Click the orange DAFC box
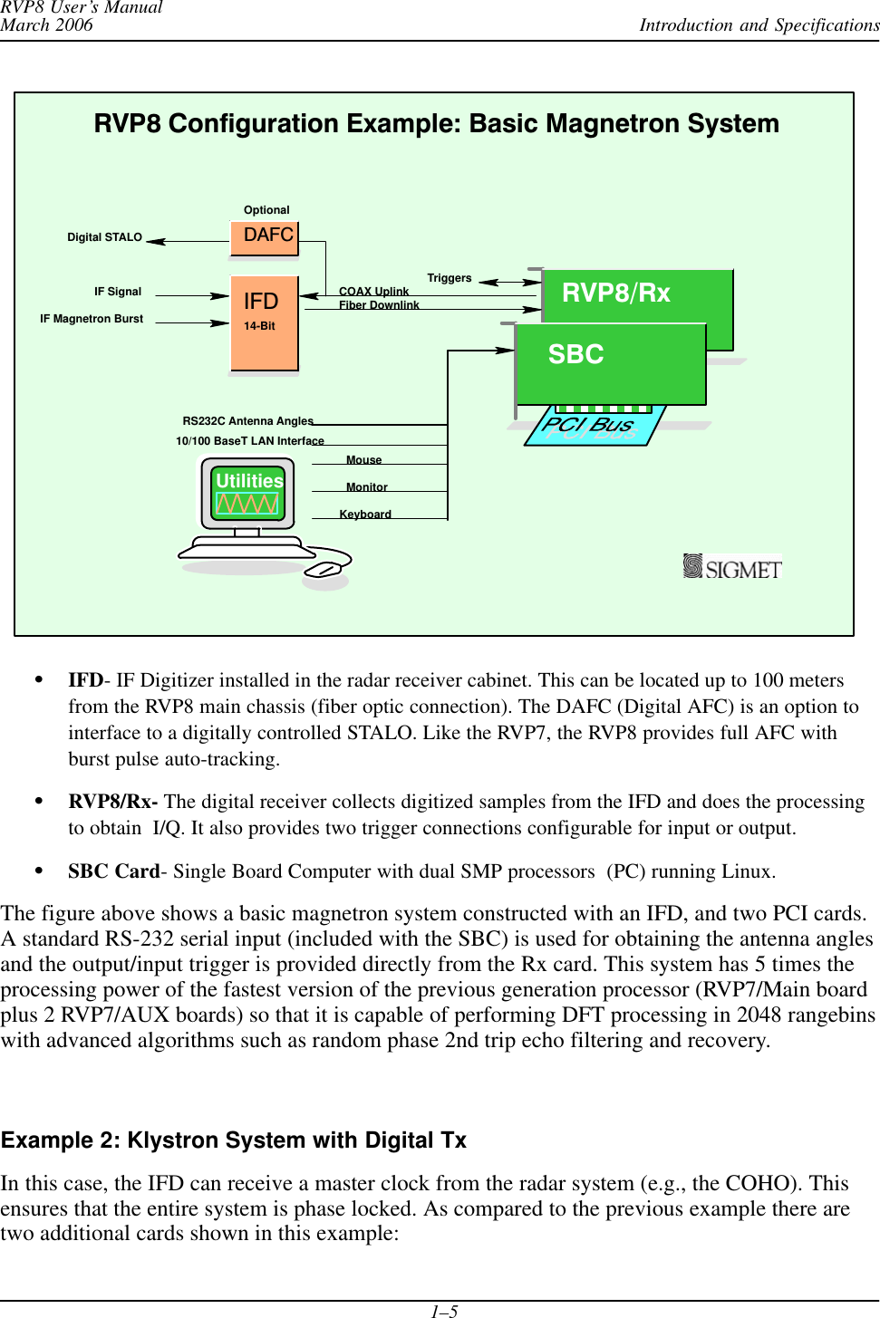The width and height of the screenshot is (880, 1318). (264, 237)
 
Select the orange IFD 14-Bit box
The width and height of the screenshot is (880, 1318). (264, 322)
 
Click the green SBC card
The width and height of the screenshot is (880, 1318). (610, 362)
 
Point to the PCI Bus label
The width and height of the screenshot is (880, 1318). (588, 425)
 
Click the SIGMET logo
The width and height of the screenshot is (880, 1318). (732, 567)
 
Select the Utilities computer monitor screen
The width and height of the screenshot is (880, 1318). (247, 493)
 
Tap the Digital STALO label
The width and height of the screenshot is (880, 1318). (104, 237)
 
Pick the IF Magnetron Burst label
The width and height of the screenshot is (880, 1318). (92, 319)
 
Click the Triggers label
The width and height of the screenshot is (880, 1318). (449, 278)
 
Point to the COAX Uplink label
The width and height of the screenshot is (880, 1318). (373, 291)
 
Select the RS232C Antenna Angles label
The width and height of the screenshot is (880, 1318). (247, 421)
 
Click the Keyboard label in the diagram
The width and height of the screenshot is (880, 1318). (365, 515)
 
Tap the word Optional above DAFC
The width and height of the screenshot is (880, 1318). (266, 210)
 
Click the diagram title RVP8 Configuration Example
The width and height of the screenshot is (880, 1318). (436, 124)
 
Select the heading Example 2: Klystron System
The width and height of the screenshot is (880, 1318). (234, 1140)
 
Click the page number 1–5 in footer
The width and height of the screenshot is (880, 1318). (443, 1311)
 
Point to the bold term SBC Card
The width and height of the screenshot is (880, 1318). (113, 871)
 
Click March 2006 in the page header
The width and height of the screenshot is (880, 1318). (47, 25)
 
